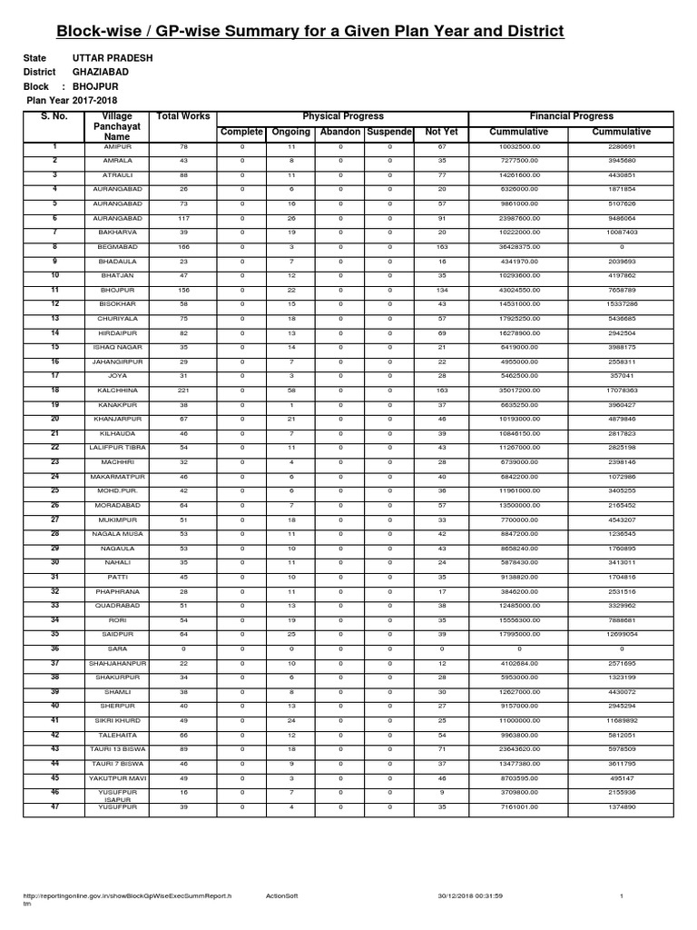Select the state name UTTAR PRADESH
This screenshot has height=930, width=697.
pyautogui.click(x=113, y=58)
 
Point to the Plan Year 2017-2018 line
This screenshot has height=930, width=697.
pyautogui.click(x=73, y=100)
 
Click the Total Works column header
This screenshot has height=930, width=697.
pyautogui.click(x=183, y=116)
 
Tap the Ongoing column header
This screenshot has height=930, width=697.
pyautogui.click(x=291, y=133)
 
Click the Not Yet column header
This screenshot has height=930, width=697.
pyautogui.click(x=441, y=133)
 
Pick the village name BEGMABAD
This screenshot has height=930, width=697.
pyautogui.click(x=118, y=247)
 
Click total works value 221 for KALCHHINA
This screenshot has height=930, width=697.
pyautogui.click(x=183, y=389)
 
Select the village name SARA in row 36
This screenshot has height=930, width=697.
pyautogui.click(x=118, y=649)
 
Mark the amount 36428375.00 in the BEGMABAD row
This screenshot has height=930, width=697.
pyautogui.click(x=518, y=247)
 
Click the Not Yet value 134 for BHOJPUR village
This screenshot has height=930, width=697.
pyautogui.click(x=441, y=290)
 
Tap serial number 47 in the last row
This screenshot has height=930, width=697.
pyautogui.click(x=54, y=806)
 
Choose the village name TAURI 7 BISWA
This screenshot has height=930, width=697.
pyautogui.click(x=118, y=764)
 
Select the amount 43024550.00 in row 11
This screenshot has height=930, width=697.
pyautogui.click(x=518, y=290)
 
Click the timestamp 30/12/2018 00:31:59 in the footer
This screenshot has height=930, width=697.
pyautogui.click(x=469, y=895)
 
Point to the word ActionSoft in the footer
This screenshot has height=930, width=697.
pyautogui.click(x=281, y=895)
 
